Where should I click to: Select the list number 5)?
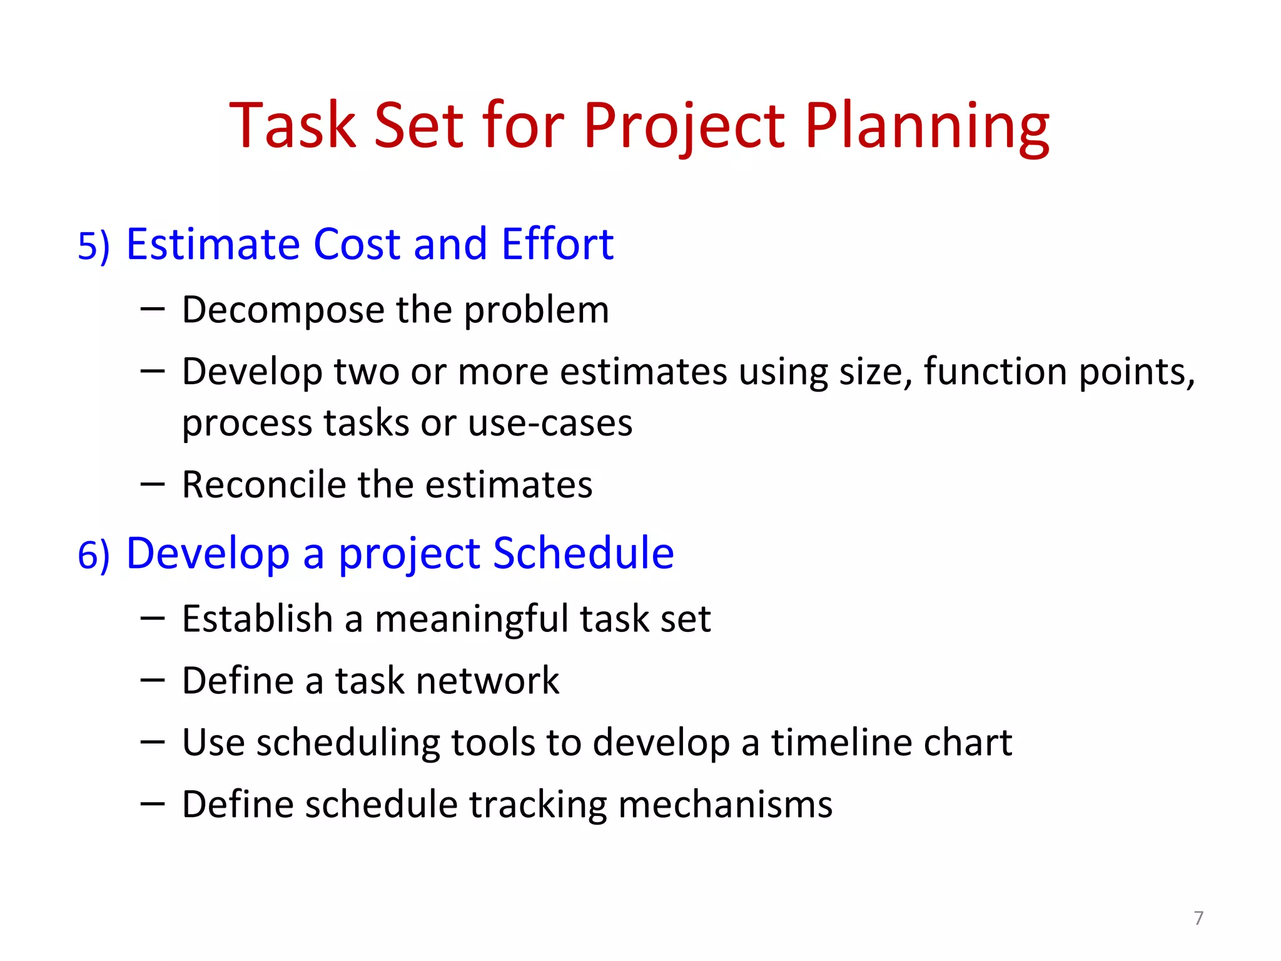93,246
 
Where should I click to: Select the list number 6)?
93,555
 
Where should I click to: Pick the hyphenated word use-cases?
550,424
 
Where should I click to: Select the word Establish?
257,619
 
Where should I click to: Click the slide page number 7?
1198,918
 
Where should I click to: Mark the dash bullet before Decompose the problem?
153,308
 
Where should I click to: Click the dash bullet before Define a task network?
153,679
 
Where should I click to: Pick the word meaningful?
472,619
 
